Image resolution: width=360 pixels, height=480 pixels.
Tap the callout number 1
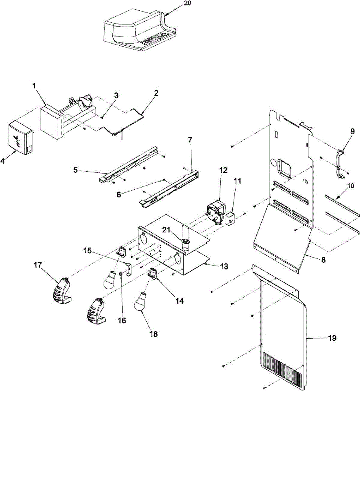(x=34, y=86)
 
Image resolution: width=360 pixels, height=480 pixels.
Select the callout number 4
(x=3, y=161)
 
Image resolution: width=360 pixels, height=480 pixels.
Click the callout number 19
(x=332, y=338)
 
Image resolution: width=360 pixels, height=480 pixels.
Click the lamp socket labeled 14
(x=152, y=273)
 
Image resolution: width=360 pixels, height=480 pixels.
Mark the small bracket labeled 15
(x=129, y=269)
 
